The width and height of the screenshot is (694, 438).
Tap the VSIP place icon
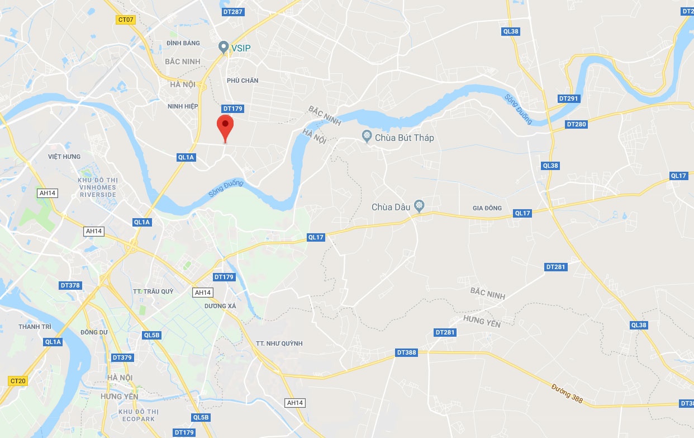[x=224, y=47]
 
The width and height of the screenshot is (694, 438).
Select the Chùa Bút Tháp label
[x=404, y=138]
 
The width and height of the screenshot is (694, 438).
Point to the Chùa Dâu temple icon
[x=419, y=207]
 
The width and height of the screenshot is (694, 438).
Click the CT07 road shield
[x=125, y=20]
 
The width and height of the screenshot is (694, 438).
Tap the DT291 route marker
[x=569, y=98]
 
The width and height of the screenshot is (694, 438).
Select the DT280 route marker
[x=576, y=124]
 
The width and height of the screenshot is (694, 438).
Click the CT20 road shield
[x=18, y=381]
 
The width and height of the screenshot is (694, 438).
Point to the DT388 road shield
[x=406, y=352]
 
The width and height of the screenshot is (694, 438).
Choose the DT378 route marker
[x=70, y=285]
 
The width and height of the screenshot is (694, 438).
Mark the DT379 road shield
[x=122, y=357]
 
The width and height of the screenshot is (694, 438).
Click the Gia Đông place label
[x=487, y=208]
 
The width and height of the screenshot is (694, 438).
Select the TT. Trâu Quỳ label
[x=153, y=291]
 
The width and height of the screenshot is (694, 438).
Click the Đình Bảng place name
[x=183, y=43]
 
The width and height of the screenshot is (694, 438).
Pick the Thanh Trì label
[x=31, y=327]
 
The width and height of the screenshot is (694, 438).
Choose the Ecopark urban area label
[x=138, y=416]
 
